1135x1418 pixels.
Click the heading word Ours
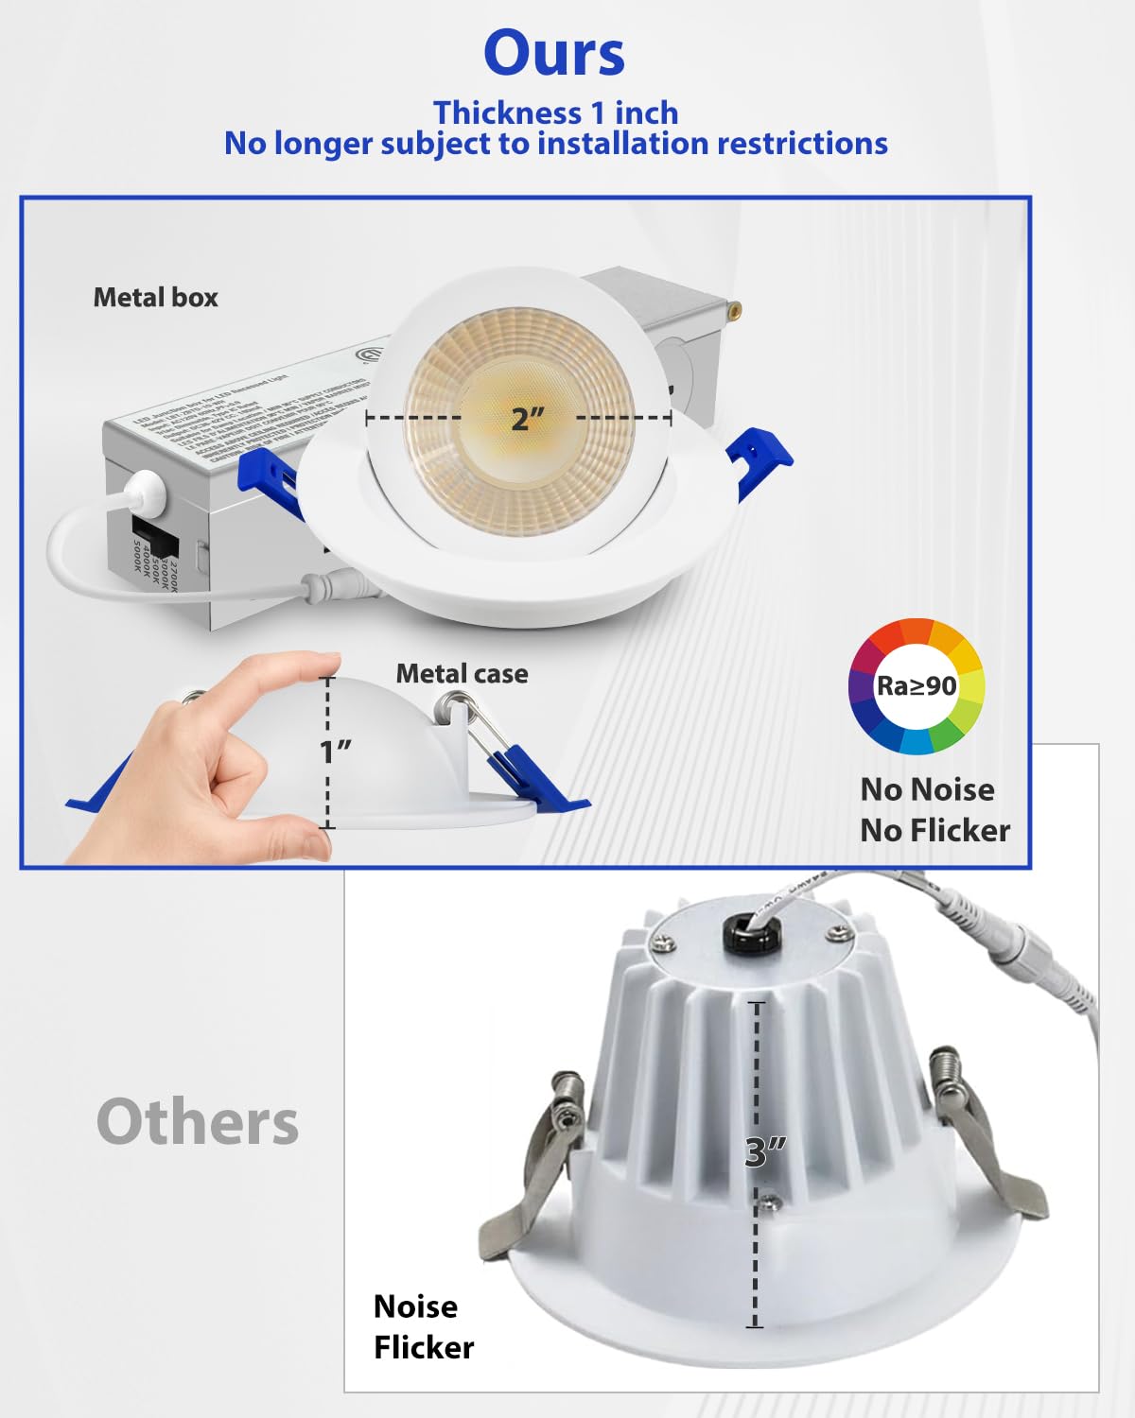(x=554, y=53)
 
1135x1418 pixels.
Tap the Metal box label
(x=155, y=298)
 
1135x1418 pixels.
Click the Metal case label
(x=462, y=674)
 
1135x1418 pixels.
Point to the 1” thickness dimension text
(x=336, y=752)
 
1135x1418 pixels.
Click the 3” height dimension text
(x=765, y=1151)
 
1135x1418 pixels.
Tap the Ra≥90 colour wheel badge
(x=916, y=686)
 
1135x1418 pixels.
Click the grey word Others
(x=198, y=1122)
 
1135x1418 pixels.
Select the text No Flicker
(x=934, y=830)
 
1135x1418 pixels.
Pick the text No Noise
(x=927, y=789)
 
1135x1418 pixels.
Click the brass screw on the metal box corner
(x=733, y=307)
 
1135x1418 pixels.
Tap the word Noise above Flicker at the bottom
(x=415, y=1306)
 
